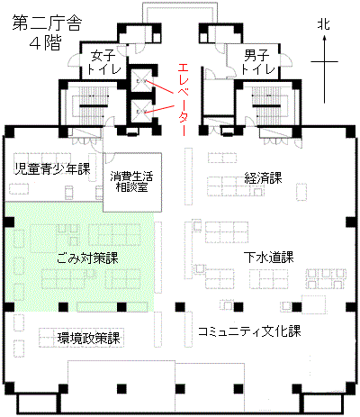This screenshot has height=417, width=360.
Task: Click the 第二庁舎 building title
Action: click(47, 23)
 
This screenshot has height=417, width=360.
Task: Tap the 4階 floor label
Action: click(46, 42)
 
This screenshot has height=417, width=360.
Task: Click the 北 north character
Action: click(324, 24)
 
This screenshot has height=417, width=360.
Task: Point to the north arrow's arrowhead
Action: click(324, 38)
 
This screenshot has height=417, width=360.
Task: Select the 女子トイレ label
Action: click(103, 62)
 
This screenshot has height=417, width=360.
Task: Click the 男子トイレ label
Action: click(257, 62)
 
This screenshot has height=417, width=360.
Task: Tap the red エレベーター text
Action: click(183, 100)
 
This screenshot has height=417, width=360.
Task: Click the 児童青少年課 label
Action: click(53, 168)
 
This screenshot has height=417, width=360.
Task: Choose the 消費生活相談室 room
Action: click(132, 182)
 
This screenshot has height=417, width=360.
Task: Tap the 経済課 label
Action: click(263, 177)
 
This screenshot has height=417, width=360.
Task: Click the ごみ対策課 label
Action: click(87, 258)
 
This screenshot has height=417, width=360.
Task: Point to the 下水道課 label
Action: click(268, 257)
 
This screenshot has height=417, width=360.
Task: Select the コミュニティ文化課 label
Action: click(249, 331)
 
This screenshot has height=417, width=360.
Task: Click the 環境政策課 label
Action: click(89, 339)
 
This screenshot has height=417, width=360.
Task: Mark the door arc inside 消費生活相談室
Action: click(109, 157)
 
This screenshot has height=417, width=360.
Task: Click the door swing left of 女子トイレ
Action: click(74, 61)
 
